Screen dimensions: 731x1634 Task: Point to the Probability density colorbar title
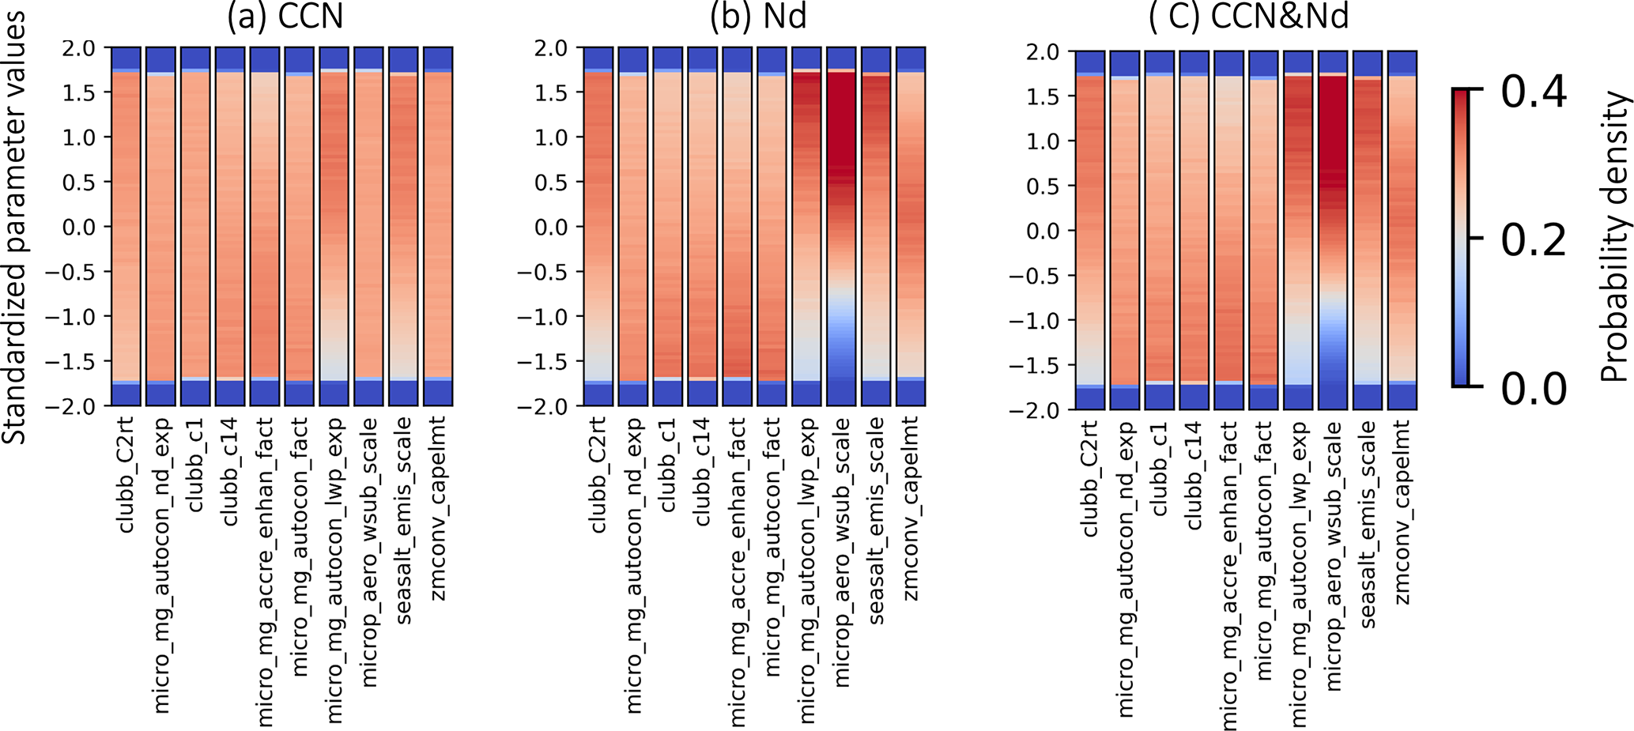click(1614, 237)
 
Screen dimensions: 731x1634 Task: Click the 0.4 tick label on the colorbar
click(1534, 93)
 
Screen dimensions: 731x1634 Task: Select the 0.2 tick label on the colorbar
click(1534, 239)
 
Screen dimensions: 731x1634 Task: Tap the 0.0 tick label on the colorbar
click(1534, 387)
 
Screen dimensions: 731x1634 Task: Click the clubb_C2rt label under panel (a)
click(126, 475)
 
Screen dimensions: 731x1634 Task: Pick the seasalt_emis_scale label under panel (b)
click(876, 521)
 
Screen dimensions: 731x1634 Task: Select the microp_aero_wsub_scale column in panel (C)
click(1332, 230)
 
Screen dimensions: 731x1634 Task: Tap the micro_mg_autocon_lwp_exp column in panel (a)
click(334, 227)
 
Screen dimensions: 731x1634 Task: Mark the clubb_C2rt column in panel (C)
click(1089, 230)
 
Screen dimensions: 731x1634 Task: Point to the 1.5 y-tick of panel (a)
click(78, 92)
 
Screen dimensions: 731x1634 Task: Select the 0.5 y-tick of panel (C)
click(1040, 186)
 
